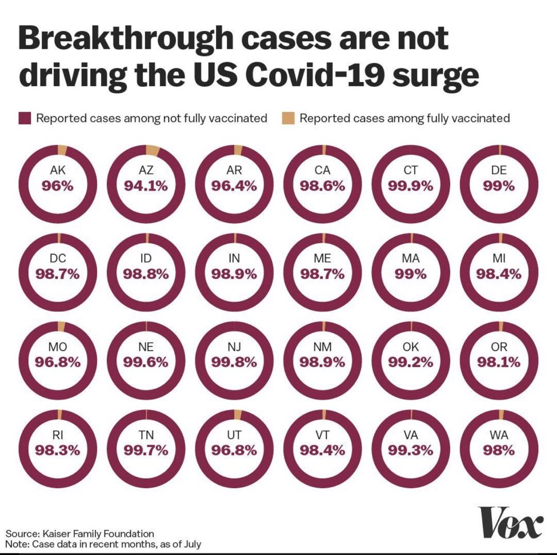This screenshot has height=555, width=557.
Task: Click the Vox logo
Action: pos(512,522)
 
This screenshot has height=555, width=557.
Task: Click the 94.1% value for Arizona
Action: pos(146,186)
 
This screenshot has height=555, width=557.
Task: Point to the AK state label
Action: pos(58,171)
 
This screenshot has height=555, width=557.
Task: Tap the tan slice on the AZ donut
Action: pos(152,150)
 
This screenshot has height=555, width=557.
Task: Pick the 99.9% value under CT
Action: pos(411,186)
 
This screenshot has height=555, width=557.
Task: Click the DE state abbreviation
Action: pos(499,171)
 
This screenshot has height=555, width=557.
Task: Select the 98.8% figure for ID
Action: pos(146,274)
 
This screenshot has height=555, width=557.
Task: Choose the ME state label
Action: pos(322,258)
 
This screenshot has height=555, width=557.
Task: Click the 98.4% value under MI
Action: pos(499,274)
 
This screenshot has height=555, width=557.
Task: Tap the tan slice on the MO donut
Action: pos(61,327)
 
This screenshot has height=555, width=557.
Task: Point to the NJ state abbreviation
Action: pos(234,347)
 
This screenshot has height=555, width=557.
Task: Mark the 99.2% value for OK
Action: pos(411,362)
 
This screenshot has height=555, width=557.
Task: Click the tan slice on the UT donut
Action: pos(238,415)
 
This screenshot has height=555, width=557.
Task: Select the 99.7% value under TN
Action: pos(146,451)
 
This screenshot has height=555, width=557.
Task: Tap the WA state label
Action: pos(499,435)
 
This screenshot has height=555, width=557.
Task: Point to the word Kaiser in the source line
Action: pos(55,534)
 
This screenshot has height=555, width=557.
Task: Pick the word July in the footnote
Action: pos(194,544)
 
